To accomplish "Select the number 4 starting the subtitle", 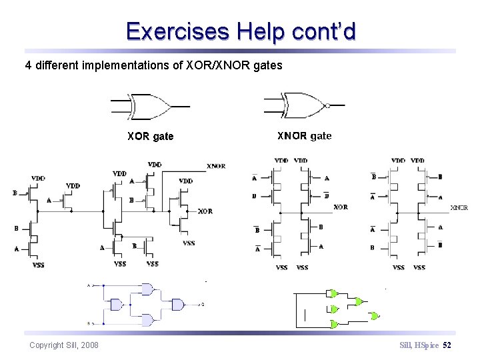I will point(28,65).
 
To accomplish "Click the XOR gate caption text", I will point(150,137).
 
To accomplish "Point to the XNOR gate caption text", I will point(304,136).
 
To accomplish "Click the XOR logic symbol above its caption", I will point(150,105).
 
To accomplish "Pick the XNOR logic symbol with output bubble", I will point(303,105).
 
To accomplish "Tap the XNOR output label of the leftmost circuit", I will point(216,166).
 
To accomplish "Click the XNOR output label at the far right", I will point(459,208).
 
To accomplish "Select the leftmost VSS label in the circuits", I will point(39,265).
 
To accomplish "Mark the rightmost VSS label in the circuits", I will point(419,267).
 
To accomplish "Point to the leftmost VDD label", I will point(38,178).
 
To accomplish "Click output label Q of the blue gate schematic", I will point(203,305).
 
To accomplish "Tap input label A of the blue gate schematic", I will point(89,285).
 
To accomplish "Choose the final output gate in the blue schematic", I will point(177,305).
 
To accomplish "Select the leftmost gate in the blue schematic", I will point(117,305).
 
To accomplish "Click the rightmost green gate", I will point(375,315).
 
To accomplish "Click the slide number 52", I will point(447,345).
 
